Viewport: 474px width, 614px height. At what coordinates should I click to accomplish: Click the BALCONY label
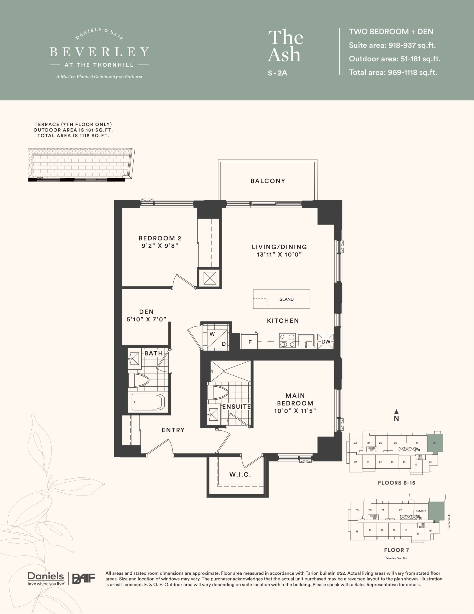268,181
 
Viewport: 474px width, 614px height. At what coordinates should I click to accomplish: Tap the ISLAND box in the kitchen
282,299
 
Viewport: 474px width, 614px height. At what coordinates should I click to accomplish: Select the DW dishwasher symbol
326,342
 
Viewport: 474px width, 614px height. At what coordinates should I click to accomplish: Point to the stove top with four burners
287,341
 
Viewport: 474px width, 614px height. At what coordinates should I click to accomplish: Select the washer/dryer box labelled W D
218,339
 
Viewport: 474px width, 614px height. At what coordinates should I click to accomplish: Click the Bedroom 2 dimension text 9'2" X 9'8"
160,246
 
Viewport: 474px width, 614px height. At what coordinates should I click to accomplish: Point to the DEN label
146,312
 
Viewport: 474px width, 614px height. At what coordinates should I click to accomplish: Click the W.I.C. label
240,475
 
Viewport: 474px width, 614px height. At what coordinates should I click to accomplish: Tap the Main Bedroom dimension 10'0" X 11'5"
295,411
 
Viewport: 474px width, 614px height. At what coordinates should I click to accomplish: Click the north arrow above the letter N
396,412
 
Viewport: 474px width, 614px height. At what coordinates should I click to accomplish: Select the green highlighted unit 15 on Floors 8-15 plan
434,443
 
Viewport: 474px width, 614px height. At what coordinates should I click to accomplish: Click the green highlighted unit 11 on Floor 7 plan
436,512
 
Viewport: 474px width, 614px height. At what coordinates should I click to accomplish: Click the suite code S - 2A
277,73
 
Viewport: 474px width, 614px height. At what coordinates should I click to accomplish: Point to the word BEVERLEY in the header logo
99,52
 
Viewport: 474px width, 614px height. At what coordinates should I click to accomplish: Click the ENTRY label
173,430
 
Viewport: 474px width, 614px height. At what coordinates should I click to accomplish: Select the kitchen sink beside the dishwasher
306,341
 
